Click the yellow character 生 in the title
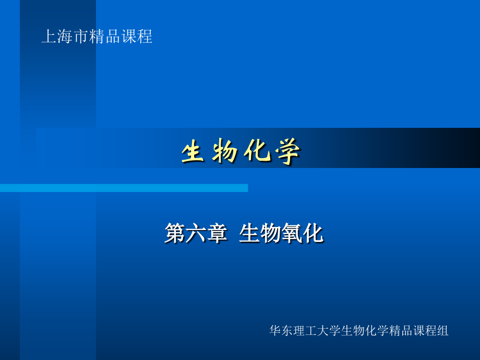tap(191, 153)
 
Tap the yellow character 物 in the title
tap(224, 153)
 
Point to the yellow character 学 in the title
tap(288, 153)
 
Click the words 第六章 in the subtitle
tap(196, 233)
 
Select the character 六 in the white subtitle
tap(196, 233)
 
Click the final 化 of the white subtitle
tap(313, 233)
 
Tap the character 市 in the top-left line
tap(80, 37)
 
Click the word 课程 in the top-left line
tap(137, 37)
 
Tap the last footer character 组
tap(443, 331)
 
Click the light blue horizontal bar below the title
tap(124, 188)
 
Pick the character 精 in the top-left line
tap(96, 37)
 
